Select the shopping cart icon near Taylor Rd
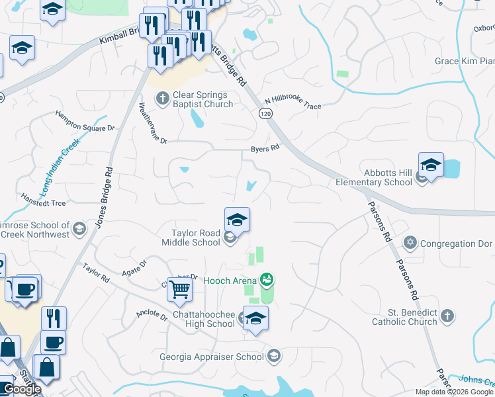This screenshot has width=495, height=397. coord(180,289)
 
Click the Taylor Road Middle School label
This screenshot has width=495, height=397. coord(195,238)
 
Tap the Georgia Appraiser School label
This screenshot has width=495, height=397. coord(212,357)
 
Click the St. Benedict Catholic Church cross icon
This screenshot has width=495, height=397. coord(447,316)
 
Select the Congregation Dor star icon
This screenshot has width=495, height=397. coord(410,243)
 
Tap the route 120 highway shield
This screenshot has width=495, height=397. coord(265,114)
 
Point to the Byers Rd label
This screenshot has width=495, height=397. coord(265,149)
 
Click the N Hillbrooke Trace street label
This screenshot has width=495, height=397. coord(292,101)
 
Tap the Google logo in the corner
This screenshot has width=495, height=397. coord(22,389)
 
